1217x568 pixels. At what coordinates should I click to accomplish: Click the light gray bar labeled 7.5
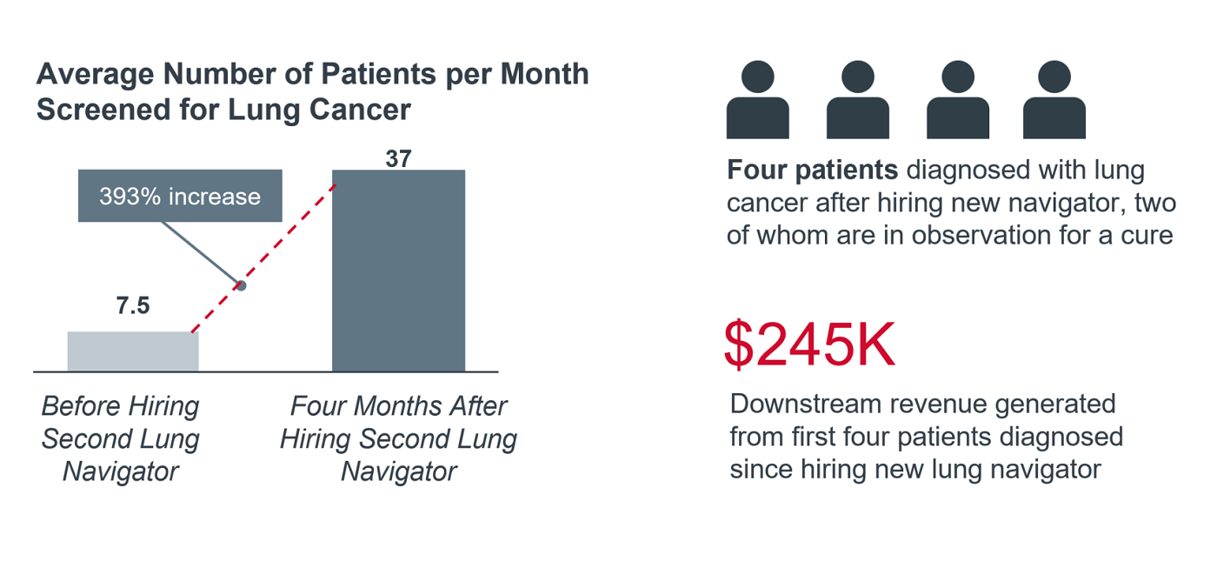click(x=133, y=351)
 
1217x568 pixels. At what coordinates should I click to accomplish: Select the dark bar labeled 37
click(x=398, y=271)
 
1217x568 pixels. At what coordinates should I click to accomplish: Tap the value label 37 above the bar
click(x=398, y=159)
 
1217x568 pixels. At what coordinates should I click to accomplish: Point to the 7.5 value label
click(x=133, y=306)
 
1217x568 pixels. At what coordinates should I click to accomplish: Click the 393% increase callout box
click(x=180, y=197)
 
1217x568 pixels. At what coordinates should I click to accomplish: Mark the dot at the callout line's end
click(x=242, y=285)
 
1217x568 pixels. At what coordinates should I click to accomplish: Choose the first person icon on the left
click(x=757, y=101)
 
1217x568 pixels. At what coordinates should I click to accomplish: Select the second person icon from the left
click(x=857, y=101)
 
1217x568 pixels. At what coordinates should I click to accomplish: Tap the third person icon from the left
click(x=957, y=101)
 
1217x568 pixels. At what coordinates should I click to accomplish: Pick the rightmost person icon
click(x=1054, y=101)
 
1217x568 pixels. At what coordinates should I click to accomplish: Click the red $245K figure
click(x=809, y=346)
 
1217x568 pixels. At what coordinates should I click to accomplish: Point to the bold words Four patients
click(x=812, y=170)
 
